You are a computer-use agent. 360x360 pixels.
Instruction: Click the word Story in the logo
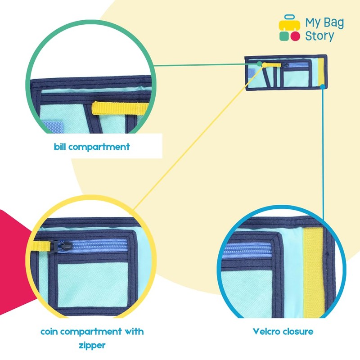point(319,36)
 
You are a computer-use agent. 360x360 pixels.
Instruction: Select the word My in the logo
point(313,23)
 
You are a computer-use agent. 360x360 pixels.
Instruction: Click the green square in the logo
point(283,36)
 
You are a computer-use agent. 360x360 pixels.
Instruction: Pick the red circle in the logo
point(295,36)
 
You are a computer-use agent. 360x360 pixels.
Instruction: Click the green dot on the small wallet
point(260,64)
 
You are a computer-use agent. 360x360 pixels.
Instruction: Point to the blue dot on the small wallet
point(323,85)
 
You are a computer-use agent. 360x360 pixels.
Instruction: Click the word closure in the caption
point(297,332)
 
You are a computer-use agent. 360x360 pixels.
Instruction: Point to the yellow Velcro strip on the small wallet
point(321,72)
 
